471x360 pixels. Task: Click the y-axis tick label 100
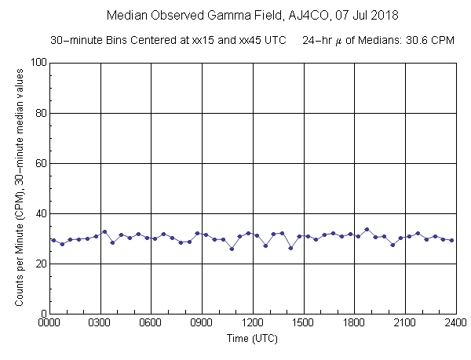pos(36,63)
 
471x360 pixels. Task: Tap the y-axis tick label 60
pos(39,163)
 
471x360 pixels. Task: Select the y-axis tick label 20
pos(39,264)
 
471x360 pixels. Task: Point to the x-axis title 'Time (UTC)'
pos(253,339)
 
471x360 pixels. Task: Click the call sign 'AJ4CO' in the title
pos(283,16)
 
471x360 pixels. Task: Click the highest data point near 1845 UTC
pos(367,229)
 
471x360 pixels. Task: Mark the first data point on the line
pos(53,240)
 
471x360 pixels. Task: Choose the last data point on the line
pos(452,240)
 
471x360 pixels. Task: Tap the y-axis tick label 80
pos(39,113)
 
